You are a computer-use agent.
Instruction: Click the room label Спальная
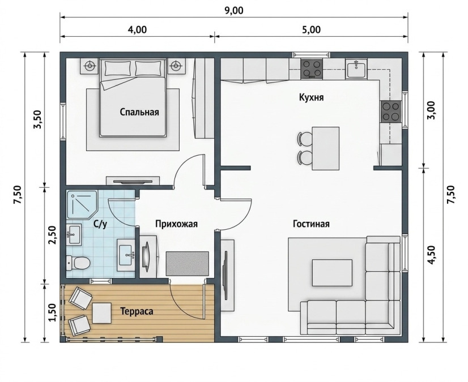(139, 112)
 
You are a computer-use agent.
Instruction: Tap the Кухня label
(311, 97)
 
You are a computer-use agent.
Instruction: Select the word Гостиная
(311, 224)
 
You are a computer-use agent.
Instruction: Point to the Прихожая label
(176, 224)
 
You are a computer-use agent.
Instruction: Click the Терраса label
(137, 311)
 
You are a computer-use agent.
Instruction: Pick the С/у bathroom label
(100, 224)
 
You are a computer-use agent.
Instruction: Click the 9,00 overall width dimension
(233, 10)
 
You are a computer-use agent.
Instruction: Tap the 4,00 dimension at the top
(137, 30)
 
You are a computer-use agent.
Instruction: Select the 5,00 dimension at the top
(310, 30)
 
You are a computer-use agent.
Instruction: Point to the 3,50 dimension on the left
(39, 119)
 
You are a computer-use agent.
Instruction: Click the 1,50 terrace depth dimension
(53, 313)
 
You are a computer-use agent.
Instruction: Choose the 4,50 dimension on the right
(432, 255)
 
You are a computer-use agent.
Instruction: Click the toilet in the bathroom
(78, 263)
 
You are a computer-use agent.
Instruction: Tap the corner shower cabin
(82, 204)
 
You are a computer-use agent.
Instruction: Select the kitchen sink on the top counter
(356, 68)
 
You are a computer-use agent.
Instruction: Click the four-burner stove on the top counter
(312, 69)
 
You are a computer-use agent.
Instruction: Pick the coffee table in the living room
(332, 273)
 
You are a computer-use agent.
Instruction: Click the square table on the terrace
(102, 313)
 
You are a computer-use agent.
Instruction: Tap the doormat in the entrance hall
(188, 264)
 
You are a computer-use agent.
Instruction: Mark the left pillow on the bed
(118, 68)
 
